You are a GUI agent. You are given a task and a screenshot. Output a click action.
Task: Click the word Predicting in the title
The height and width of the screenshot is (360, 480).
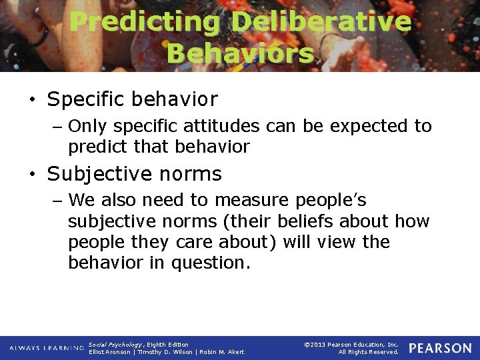(145, 21)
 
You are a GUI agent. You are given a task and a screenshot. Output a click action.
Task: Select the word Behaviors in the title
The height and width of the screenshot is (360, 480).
(240, 53)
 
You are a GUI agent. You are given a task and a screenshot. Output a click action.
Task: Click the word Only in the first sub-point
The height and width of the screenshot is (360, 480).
(89, 126)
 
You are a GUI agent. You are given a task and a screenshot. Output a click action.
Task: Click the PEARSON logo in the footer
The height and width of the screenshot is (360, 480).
(439, 348)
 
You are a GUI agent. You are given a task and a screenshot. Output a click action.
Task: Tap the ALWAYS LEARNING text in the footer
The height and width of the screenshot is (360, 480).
(46, 348)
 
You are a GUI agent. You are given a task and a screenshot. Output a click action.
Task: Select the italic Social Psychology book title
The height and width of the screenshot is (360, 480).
(115, 345)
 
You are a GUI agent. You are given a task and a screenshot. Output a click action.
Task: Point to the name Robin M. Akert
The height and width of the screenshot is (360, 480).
(221, 352)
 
